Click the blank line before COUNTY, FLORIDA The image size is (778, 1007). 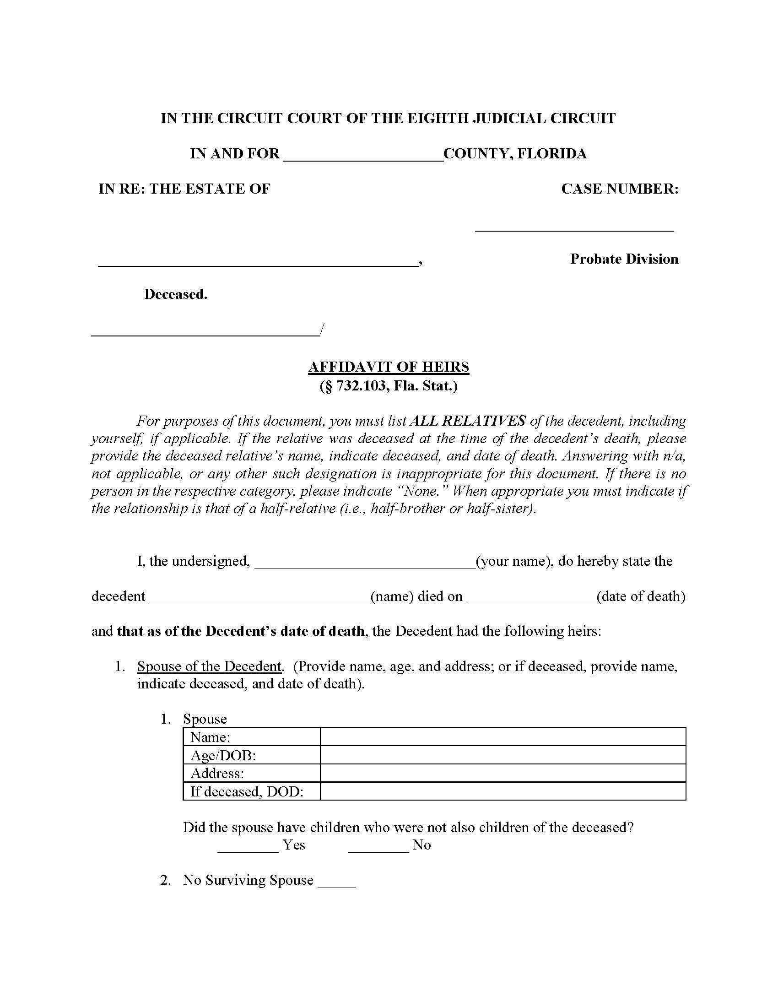point(363,155)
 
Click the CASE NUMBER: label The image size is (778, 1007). point(620,189)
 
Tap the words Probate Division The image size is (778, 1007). point(624,259)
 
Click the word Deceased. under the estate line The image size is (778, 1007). point(176,294)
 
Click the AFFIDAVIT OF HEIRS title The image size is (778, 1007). point(389,367)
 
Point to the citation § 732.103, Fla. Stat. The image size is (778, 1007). point(389,386)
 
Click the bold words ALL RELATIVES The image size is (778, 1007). point(467,421)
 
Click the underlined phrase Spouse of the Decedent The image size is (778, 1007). point(209,666)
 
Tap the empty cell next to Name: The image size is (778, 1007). point(502,737)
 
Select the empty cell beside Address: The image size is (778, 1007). point(502,773)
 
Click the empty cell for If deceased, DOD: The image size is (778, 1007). point(502,792)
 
